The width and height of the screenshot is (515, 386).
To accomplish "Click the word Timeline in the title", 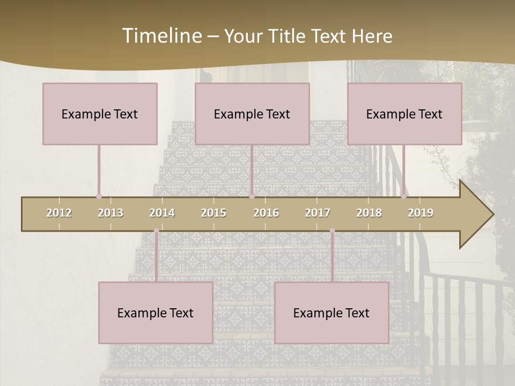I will click(x=161, y=36).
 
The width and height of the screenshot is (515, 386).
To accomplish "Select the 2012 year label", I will click(x=59, y=213).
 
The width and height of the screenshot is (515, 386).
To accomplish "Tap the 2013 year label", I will click(x=111, y=213).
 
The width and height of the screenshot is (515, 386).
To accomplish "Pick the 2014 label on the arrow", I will click(x=162, y=213).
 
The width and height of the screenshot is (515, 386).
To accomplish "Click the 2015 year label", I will click(x=214, y=213).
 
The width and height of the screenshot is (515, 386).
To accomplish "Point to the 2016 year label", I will click(x=266, y=213).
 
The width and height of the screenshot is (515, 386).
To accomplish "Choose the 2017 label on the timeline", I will click(x=318, y=213).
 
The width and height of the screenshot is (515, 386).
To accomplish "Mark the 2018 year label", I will click(x=369, y=213).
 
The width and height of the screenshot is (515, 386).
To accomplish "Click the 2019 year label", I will click(x=421, y=213).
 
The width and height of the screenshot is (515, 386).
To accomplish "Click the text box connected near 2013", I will click(x=100, y=114).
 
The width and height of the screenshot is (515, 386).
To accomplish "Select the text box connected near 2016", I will click(x=252, y=114).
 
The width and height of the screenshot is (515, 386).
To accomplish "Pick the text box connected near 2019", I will click(x=404, y=114).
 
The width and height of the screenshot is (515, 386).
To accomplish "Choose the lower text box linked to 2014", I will click(x=156, y=313).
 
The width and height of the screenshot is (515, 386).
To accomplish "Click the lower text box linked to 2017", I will click(x=332, y=313).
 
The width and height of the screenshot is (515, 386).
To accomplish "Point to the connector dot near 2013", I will click(x=99, y=196).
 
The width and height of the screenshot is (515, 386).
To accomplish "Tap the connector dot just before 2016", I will click(x=252, y=196).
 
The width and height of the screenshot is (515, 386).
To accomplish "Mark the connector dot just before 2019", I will click(x=404, y=196).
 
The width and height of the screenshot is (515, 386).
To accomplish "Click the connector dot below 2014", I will click(x=156, y=231).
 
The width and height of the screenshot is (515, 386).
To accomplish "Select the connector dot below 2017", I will click(x=332, y=231).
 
